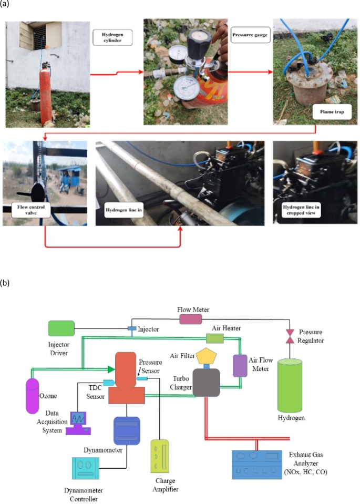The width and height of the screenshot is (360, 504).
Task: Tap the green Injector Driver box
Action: pyautogui.click(x=61, y=328)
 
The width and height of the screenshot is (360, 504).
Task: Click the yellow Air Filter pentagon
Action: pyautogui.click(x=206, y=357)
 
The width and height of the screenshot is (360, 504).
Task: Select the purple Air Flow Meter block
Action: pyautogui.click(x=240, y=366)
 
